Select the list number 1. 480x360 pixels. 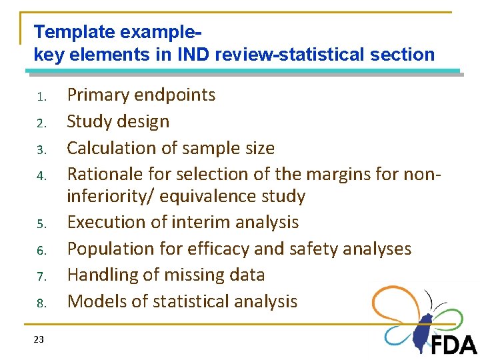pos(41,97)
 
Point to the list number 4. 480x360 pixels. pos(41,177)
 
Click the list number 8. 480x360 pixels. pos(41,304)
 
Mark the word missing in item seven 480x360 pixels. pos(190,275)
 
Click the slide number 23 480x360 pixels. pos(39,340)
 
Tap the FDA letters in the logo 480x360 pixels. pos(453,345)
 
